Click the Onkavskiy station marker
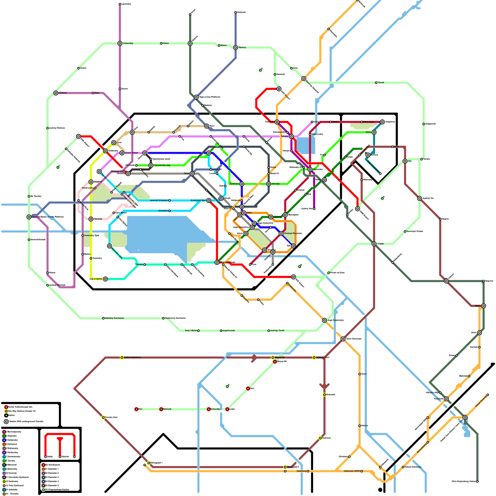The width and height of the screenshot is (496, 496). point(120,43)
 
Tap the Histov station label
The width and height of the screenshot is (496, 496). point(166,43)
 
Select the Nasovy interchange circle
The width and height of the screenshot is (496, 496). point(236,47)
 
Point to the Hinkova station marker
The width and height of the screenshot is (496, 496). point(56,93)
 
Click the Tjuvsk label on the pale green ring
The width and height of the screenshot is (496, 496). point(381,82)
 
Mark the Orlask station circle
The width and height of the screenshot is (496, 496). point(374,244)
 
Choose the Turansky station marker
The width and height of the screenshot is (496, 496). point(242,184)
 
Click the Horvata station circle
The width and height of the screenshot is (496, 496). point(269,184)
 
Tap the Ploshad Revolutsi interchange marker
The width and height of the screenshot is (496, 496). point(281,233)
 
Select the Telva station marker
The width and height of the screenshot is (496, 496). point(192,174)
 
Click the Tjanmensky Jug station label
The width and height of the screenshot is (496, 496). point(162,165)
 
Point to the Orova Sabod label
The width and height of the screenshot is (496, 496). point(131,153)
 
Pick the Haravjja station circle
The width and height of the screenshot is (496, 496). point(91,219)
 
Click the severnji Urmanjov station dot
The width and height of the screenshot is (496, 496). point(169,201)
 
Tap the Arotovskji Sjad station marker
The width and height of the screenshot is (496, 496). point(209,201)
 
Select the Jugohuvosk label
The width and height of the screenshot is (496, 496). point(229,331)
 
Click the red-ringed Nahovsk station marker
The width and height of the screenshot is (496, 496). point(161,409)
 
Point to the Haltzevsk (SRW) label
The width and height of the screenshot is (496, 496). point(352,471)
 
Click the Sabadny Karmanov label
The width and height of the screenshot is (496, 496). point(114,318)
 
